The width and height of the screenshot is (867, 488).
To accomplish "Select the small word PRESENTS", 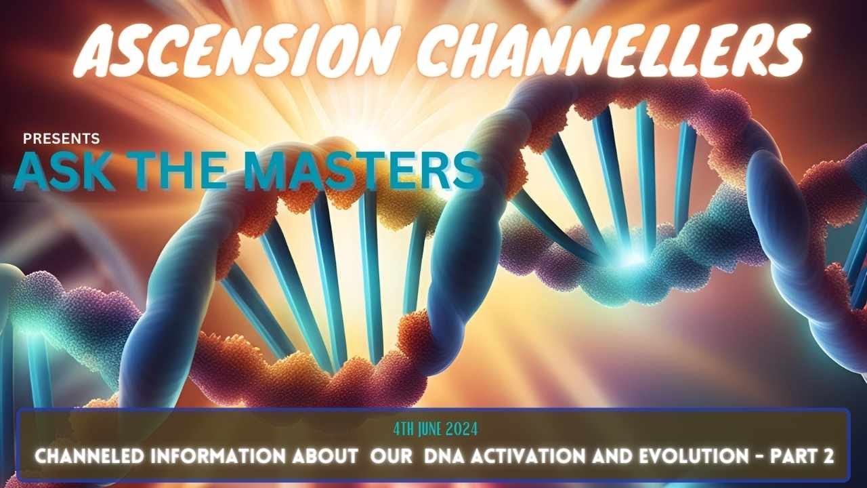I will tap(61, 139).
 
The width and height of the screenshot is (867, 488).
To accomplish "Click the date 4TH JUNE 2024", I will tap(436, 430).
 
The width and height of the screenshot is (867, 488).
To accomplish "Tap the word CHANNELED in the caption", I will tap(89, 457).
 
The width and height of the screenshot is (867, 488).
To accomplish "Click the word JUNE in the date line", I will tap(433, 430).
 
